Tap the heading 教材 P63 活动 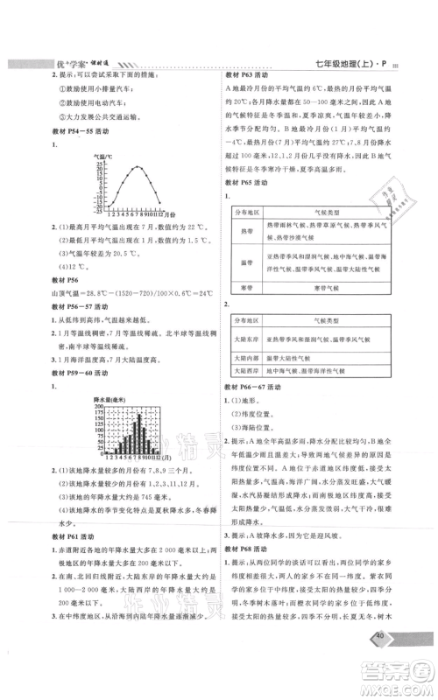click(x=249, y=76)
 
